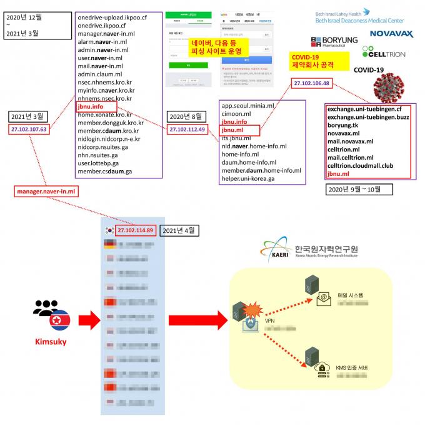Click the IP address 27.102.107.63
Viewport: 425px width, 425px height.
pyautogui.click(x=29, y=130)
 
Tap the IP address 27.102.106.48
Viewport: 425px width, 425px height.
pyautogui.click(x=311, y=83)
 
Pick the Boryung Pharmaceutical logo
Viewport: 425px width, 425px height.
pyautogui.click(x=334, y=42)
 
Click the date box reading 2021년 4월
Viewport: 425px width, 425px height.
pyautogui.click(x=179, y=230)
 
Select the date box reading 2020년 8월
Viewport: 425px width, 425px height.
pyautogui.click(x=186, y=116)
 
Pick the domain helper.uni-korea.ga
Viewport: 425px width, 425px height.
pyautogui.click(x=248, y=178)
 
